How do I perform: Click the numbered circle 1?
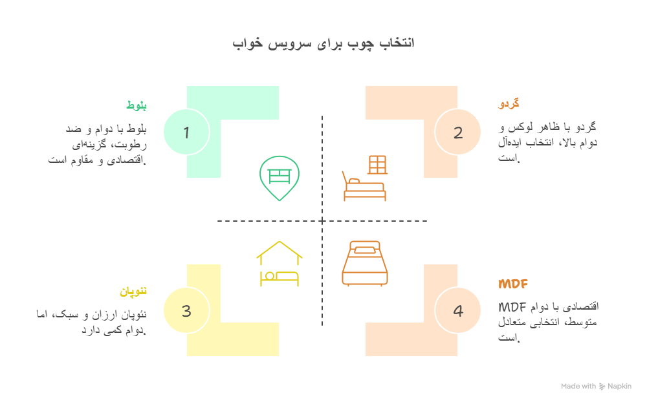[x=186, y=133]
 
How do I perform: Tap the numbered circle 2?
[x=458, y=133]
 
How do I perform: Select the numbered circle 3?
[x=186, y=311]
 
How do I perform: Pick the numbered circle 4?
[x=458, y=311]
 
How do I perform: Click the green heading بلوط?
[x=136, y=105]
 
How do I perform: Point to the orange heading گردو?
[x=509, y=103]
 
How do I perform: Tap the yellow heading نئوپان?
[x=133, y=292]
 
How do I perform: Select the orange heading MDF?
[x=514, y=284]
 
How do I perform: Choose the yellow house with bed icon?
[x=280, y=264]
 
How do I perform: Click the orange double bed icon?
[x=365, y=263]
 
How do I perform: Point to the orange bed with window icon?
[x=365, y=178]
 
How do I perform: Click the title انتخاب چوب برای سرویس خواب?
[x=323, y=43]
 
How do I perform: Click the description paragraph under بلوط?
[x=98, y=144]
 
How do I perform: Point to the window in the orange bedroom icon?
[x=378, y=165]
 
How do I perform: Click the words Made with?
[x=578, y=387]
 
